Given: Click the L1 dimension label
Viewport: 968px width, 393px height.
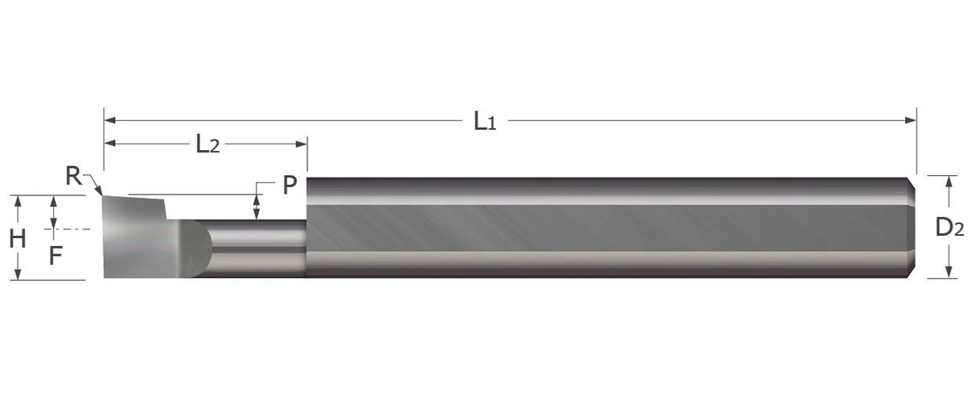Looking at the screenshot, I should (x=484, y=122).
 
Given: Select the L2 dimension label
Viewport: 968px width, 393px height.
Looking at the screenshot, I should (x=207, y=144).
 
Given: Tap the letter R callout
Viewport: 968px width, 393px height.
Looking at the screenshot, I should (x=73, y=176).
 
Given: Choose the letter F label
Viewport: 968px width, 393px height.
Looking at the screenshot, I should (x=54, y=256).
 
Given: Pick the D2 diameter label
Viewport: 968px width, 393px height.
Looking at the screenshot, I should (x=949, y=228).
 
